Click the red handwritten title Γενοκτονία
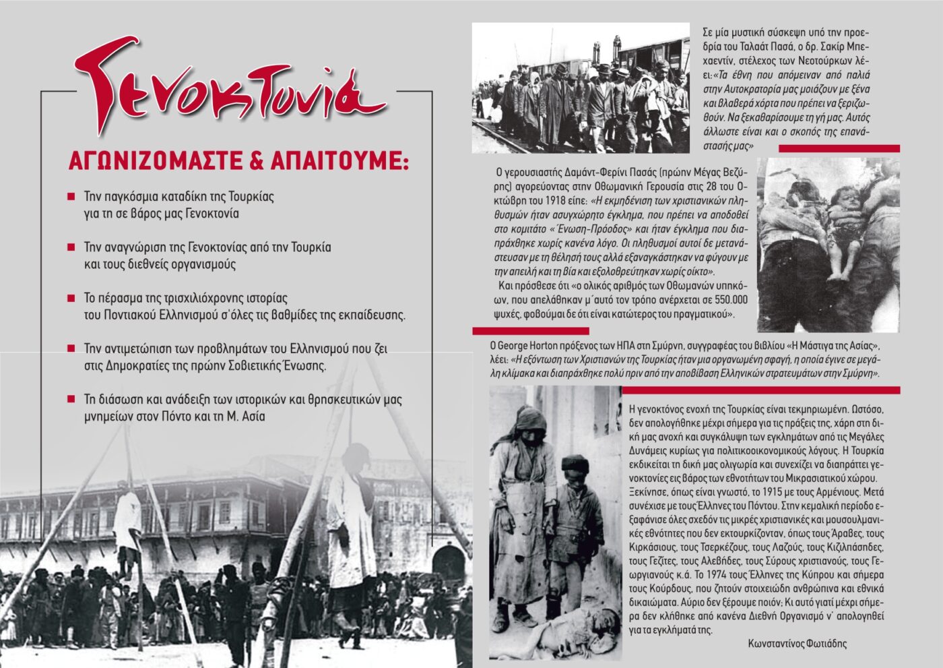pyautogui.click(x=229, y=91)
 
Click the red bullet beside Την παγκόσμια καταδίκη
pyautogui.click(x=71, y=197)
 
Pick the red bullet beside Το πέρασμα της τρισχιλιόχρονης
pyautogui.click(x=71, y=297)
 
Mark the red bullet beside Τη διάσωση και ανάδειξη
pyautogui.click(x=71, y=399)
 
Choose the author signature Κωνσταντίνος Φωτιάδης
pyautogui.click(x=798, y=643)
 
